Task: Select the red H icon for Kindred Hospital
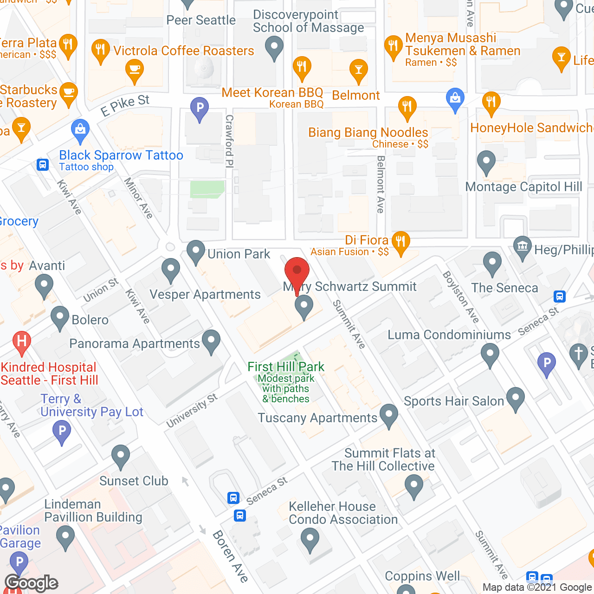(21, 342)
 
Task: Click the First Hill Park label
(286, 367)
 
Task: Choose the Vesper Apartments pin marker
(171, 270)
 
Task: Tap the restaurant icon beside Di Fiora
(400, 242)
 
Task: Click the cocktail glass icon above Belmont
(358, 70)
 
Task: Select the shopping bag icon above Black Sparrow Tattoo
(80, 129)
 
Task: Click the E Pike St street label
(125, 105)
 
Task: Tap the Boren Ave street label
(231, 556)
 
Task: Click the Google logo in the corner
(32, 583)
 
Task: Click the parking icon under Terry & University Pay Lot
(62, 431)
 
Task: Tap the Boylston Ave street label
(460, 297)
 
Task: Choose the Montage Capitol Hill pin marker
(486, 162)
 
